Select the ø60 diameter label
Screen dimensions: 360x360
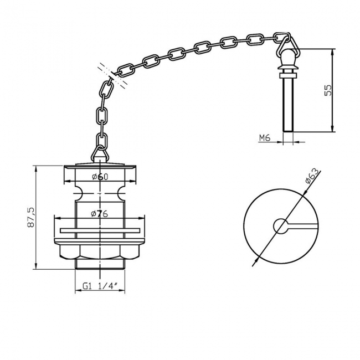click(x=99, y=177)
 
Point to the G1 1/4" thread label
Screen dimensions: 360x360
click(x=100, y=286)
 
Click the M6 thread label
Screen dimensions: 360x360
click(x=264, y=138)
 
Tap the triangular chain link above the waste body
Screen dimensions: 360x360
click(x=100, y=153)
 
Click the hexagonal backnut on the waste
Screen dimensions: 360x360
click(x=100, y=253)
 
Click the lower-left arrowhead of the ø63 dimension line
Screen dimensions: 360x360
click(x=255, y=263)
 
